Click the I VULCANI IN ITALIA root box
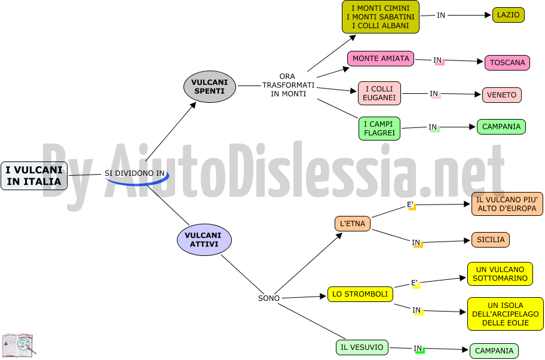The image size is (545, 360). point(34,176)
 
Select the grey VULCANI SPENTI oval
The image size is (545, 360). point(210,87)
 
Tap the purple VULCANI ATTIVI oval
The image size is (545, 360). point(204,240)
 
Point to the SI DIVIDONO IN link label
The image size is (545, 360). point(134,173)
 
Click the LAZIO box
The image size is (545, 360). point(508,15)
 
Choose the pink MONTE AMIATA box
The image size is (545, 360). point(381,59)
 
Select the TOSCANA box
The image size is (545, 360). point(507,63)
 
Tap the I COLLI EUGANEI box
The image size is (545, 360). point(379,93)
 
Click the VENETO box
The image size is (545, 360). point(501,95)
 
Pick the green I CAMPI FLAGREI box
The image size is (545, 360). point(379,129)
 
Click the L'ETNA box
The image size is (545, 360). point(353,224)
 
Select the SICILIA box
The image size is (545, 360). point(491,240)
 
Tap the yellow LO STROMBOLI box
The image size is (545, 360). point(360,294)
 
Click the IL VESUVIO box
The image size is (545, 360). point(362,347)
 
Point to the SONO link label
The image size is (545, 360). point(269,298)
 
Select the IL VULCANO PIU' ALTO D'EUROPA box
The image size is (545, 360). point(507,204)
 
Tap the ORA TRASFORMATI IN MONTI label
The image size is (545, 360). point(288,85)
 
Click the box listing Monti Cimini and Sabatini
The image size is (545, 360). point(380,17)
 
